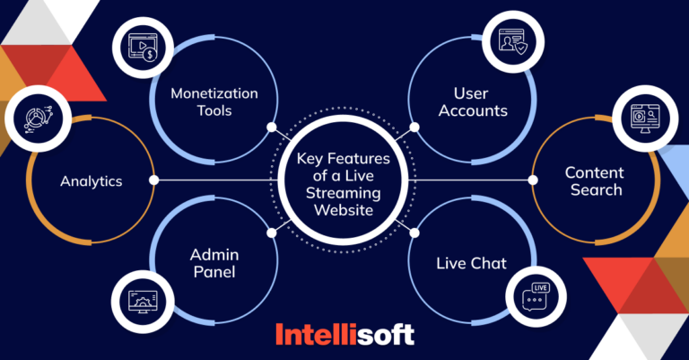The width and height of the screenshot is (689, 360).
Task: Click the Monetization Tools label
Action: click(215, 102)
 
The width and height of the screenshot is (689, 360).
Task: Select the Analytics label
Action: click(92, 181)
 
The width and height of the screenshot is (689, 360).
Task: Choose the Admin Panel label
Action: click(214, 262)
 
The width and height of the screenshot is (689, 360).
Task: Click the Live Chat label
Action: click(470, 263)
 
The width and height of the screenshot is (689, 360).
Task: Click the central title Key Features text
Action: click(345, 180)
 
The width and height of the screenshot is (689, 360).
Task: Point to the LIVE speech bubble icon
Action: click(538, 294)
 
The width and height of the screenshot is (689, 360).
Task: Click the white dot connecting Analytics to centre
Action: click(154, 180)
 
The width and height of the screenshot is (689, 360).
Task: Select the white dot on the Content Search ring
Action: click(536, 180)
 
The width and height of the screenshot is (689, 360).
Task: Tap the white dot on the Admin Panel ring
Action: click(272, 233)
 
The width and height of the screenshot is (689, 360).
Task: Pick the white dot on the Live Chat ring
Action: click(414, 233)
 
